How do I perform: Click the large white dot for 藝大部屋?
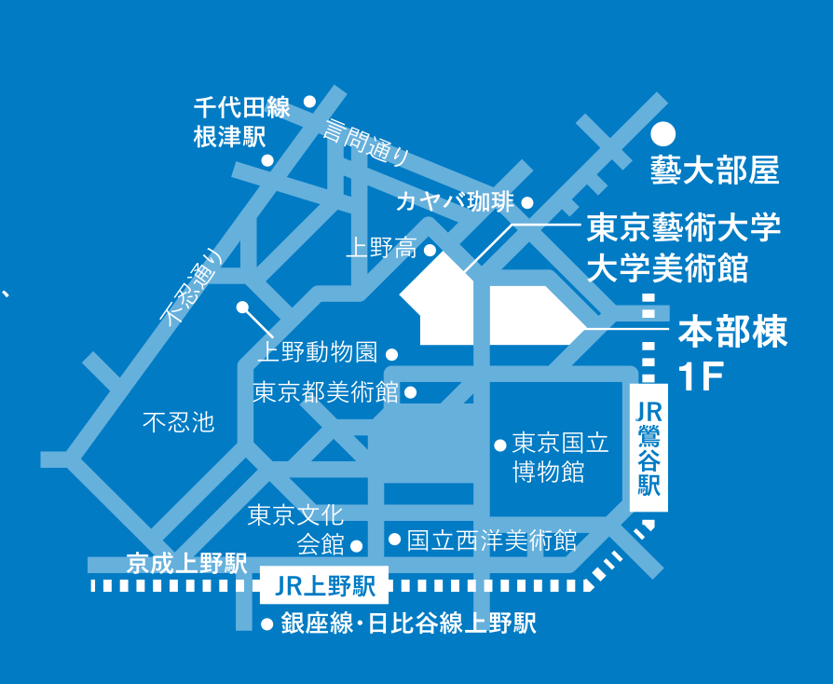pyautogui.click(x=663, y=133)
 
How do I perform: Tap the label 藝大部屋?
pyautogui.click(x=715, y=171)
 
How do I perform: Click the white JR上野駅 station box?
pyautogui.click(x=324, y=585)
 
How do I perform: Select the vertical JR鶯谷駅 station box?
pyautogui.click(x=649, y=448)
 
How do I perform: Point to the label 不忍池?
pyautogui.click(x=179, y=422)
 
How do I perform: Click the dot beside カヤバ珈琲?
pyautogui.click(x=527, y=202)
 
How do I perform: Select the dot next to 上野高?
pyautogui.click(x=430, y=249)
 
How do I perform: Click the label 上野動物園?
pyautogui.click(x=318, y=352)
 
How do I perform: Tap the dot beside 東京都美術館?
pyautogui.click(x=411, y=392)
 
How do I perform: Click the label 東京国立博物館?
pyautogui.click(x=561, y=458)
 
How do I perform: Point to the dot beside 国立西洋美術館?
pyautogui.click(x=394, y=540)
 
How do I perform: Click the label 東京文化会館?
pyautogui.click(x=296, y=529)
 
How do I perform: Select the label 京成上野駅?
pyautogui.click(x=187, y=564)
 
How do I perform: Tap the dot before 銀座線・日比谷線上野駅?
pyautogui.click(x=267, y=624)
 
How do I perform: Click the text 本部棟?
pyautogui.click(x=732, y=332)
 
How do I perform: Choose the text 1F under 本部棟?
pyautogui.click(x=702, y=376)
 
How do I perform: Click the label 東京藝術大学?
pyautogui.click(x=684, y=228)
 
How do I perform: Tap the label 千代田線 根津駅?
pyautogui.click(x=241, y=122)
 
